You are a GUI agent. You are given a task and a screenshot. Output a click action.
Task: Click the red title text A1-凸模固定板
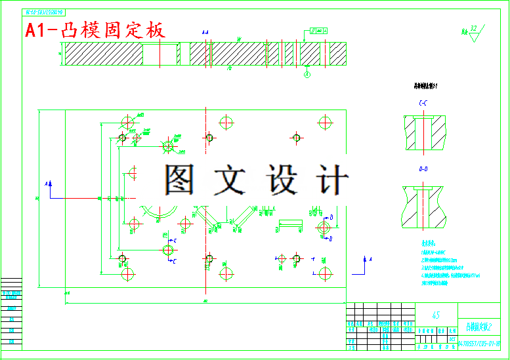click(x=95, y=30)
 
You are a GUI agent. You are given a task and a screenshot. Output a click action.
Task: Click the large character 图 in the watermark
click(x=180, y=178)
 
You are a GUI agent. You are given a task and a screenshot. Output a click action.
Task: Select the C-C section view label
click(x=423, y=104)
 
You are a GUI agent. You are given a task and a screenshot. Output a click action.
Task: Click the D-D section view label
click(x=423, y=170)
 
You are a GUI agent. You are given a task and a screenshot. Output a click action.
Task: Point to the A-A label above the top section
click(x=205, y=31)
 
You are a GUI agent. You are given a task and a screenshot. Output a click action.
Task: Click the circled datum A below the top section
click(x=307, y=75)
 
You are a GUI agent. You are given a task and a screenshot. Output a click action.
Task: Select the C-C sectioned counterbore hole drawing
click(x=424, y=131)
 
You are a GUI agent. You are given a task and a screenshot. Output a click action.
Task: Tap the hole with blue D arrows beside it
click(x=324, y=227)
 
